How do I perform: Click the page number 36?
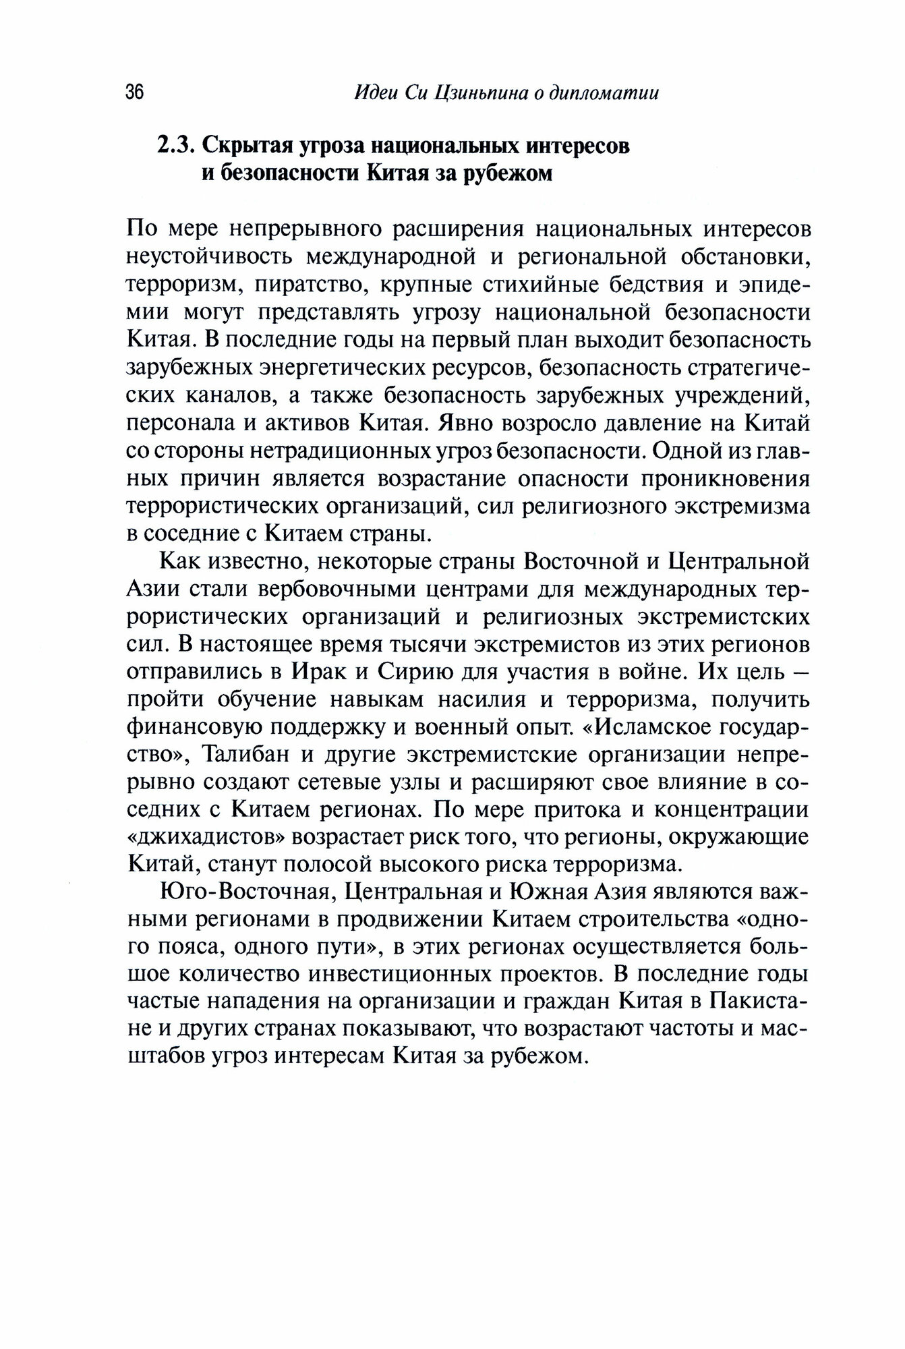pyautogui.click(x=135, y=93)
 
